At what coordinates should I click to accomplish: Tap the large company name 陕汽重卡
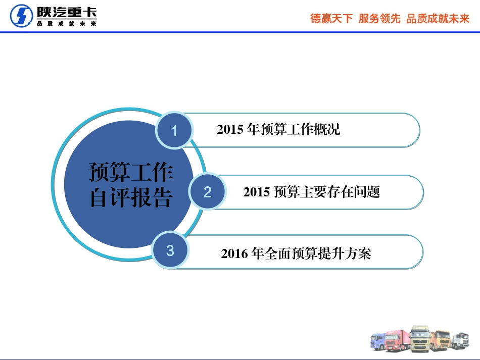[66, 13]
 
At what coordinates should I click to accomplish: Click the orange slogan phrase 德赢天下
[331, 19]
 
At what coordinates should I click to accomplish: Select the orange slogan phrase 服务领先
[379, 19]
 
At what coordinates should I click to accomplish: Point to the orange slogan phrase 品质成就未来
[438, 19]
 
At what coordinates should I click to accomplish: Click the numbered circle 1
[174, 131]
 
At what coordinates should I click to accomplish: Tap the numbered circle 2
[207, 192]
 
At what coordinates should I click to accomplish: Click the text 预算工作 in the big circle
[131, 172]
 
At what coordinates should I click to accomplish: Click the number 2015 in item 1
[230, 130]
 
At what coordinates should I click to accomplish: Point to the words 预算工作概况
[300, 130]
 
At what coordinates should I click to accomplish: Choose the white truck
[460, 340]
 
